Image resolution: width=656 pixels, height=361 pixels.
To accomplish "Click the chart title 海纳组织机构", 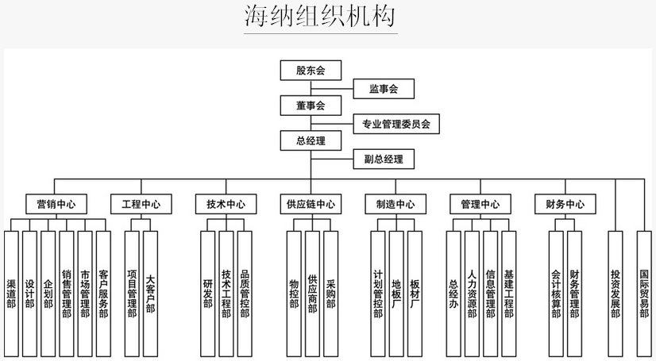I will pyautogui.click(x=320, y=17).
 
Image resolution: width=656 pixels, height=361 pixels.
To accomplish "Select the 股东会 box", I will pyautogui.click(x=311, y=70).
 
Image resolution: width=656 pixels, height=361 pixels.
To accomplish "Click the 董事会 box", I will pyautogui.click(x=311, y=106).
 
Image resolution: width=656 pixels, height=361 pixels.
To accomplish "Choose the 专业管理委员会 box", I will pyautogui.click(x=396, y=124).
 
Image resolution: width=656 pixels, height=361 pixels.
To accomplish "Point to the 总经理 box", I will pyautogui.click(x=311, y=141).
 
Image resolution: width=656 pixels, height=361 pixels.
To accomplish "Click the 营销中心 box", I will pyautogui.click(x=56, y=204).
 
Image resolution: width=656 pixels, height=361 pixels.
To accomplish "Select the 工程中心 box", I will pyautogui.click(x=141, y=204).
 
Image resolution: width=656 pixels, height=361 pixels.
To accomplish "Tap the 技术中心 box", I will pyautogui.click(x=226, y=204).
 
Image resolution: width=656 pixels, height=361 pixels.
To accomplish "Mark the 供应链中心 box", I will pyautogui.click(x=311, y=204).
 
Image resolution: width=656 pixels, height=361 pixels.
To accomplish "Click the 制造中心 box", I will pyautogui.click(x=396, y=204).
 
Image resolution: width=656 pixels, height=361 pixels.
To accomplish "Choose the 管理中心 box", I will pyautogui.click(x=480, y=204).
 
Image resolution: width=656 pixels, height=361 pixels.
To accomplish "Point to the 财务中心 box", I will pyautogui.click(x=565, y=204).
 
